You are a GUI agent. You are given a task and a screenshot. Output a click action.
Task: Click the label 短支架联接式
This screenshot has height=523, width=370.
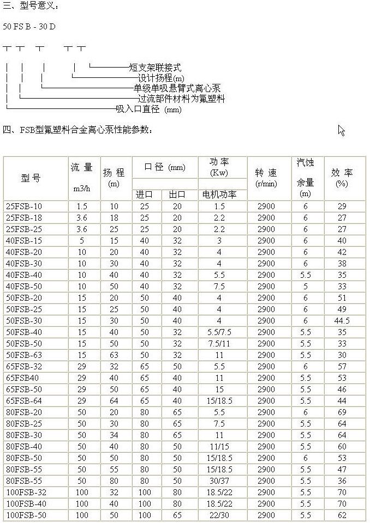(x=154, y=68)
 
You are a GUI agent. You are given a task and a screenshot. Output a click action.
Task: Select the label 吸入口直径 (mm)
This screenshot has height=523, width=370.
(x=148, y=110)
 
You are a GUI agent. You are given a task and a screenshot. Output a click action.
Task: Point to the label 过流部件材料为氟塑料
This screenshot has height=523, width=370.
(x=181, y=99)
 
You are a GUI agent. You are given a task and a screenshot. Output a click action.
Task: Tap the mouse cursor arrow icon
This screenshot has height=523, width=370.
(x=342, y=130)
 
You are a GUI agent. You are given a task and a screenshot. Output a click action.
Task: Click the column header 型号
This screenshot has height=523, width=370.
(x=31, y=178)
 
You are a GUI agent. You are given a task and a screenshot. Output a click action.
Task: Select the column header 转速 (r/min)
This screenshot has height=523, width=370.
(x=266, y=178)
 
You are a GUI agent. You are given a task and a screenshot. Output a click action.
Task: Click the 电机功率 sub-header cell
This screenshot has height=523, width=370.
(x=219, y=194)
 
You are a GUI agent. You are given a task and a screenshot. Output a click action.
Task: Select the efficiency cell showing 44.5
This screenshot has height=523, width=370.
(x=342, y=321)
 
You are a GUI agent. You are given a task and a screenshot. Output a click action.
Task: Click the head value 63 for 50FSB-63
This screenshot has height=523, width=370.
(x=114, y=355)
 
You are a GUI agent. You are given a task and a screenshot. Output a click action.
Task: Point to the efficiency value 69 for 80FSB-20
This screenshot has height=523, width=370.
(x=342, y=412)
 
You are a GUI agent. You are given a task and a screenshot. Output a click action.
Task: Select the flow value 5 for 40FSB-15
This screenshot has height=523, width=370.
(x=82, y=241)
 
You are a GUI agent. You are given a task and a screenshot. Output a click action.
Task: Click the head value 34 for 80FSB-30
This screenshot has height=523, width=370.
(x=114, y=435)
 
